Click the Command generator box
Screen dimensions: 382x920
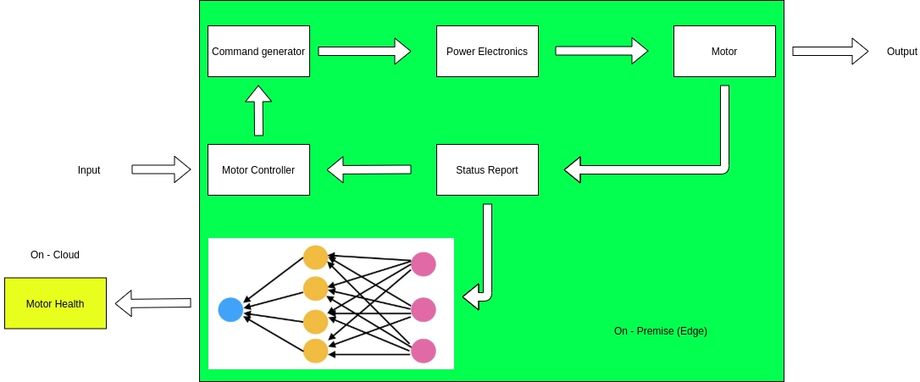click(x=258, y=52)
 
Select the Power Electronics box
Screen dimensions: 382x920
click(x=487, y=52)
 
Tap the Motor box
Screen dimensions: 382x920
click(x=724, y=52)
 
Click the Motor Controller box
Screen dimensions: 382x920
click(x=258, y=170)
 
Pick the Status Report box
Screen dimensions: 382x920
click(x=487, y=170)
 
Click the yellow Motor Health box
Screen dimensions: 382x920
click(x=55, y=303)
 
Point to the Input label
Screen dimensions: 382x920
click(x=89, y=170)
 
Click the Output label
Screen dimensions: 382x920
click(x=901, y=52)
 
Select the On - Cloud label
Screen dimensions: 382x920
click(x=55, y=255)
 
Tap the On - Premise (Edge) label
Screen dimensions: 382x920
click(x=660, y=331)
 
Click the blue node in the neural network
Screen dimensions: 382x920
click(x=230, y=310)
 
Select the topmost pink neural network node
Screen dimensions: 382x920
click(x=424, y=264)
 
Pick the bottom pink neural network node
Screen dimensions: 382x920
click(x=424, y=351)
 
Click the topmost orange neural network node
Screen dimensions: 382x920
click(x=315, y=257)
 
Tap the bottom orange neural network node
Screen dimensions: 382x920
click(x=315, y=351)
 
